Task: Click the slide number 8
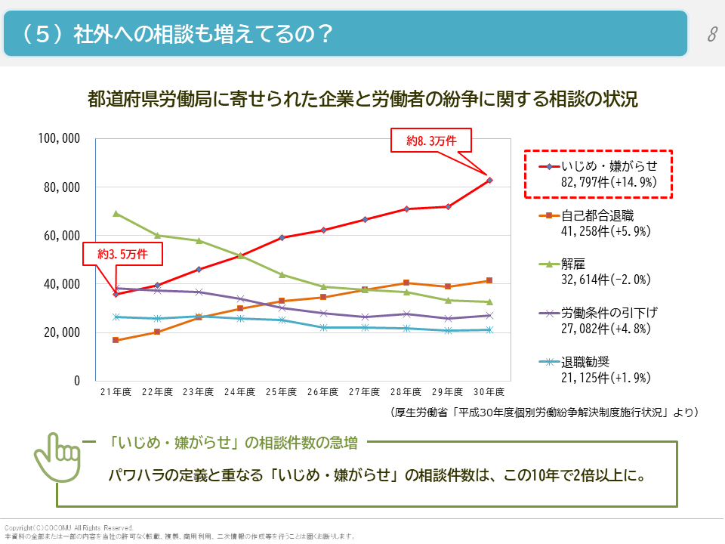[711, 35]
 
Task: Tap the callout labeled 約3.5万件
[122, 255]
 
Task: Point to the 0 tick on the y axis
[76, 381]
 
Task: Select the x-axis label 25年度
[282, 392]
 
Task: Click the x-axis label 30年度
[489, 392]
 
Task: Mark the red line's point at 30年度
[489, 180]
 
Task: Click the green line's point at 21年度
[116, 213]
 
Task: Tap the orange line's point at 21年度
[116, 340]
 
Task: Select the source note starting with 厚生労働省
[544, 413]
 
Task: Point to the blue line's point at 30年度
[489, 329]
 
